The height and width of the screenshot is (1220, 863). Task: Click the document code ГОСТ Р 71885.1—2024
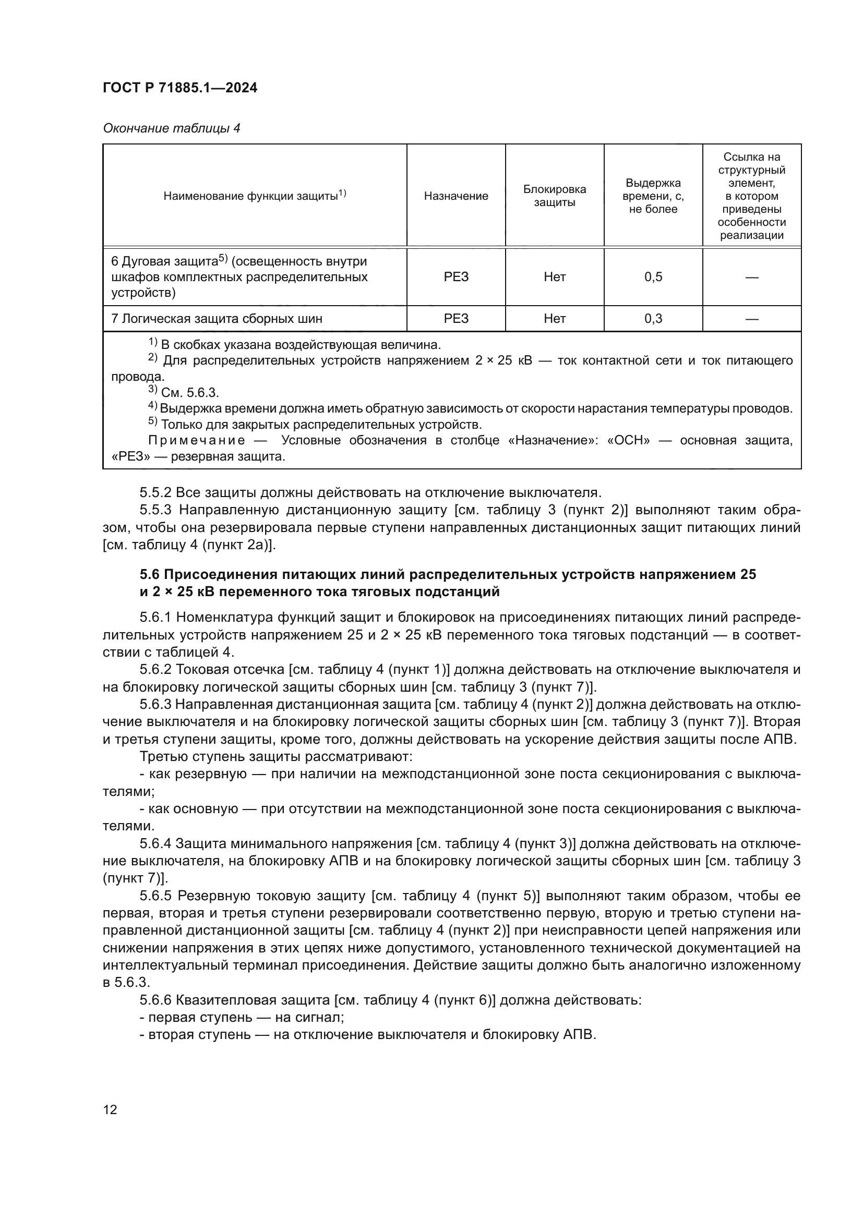(179, 88)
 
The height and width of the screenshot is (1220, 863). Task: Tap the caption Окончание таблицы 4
(171, 128)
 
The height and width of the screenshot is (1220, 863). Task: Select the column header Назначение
(456, 196)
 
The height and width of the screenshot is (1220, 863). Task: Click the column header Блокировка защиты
(554, 196)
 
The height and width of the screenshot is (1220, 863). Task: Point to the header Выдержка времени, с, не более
(653, 196)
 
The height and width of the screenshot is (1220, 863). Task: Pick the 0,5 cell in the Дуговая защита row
(653, 277)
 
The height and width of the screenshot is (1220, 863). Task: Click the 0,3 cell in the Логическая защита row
(653, 319)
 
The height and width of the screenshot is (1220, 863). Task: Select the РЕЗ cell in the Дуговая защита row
(456, 277)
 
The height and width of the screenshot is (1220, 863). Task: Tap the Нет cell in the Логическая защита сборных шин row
(554, 319)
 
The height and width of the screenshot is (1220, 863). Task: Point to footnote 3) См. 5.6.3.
(184, 393)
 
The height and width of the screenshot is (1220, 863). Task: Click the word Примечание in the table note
(197, 441)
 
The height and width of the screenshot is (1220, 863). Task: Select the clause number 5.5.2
(155, 492)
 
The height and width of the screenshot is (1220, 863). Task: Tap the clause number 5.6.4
(155, 844)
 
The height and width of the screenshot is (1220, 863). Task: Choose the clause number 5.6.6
(155, 1000)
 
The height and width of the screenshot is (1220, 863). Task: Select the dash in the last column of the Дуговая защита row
(751, 277)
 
